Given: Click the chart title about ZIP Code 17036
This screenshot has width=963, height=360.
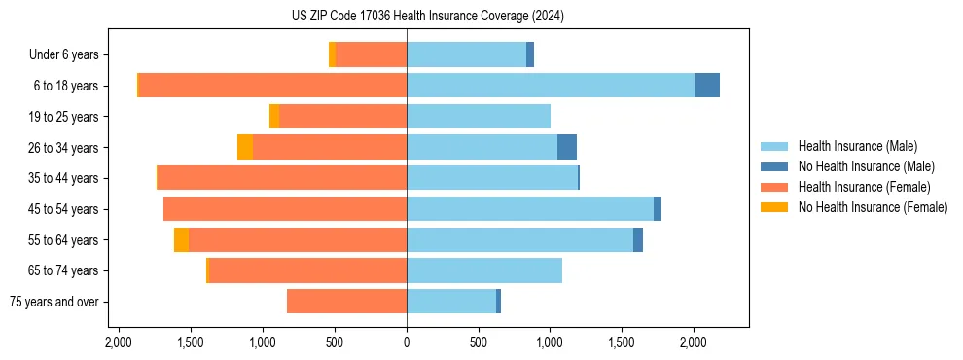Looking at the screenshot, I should click(482, 17).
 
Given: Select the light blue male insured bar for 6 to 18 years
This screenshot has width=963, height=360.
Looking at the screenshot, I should click(551, 86).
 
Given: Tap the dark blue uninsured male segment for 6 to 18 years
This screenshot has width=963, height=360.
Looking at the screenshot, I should click(707, 86).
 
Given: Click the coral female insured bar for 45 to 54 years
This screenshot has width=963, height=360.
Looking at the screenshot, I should click(285, 209).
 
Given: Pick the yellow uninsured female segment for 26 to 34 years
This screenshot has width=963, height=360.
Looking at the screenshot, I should click(245, 147).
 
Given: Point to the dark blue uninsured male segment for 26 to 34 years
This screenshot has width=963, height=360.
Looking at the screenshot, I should click(567, 147).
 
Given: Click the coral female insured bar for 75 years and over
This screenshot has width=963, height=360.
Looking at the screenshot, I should click(346, 302).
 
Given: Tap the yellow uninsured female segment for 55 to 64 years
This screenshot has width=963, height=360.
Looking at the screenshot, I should click(182, 240).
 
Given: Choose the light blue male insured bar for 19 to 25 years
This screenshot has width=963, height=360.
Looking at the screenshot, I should click(479, 117).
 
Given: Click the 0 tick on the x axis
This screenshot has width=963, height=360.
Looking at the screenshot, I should click(407, 342).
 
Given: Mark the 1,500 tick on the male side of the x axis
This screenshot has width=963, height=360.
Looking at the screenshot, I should click(622, 342).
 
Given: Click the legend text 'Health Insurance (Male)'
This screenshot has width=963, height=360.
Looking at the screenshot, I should click(857, 146).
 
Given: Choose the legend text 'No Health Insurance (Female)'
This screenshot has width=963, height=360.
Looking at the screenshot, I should click(873, 207).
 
